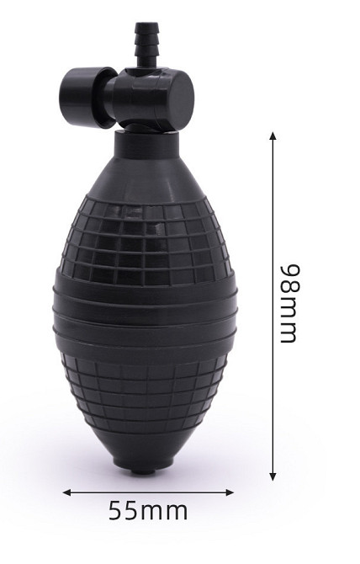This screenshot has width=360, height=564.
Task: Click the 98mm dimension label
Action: coord(289,304)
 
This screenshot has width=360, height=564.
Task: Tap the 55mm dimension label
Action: coord(148,511)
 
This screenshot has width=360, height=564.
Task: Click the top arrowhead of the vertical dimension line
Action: coord(273,136)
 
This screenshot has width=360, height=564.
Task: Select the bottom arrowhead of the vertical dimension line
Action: coord(273,476)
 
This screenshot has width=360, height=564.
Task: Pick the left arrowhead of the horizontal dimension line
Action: coord(66,492)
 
